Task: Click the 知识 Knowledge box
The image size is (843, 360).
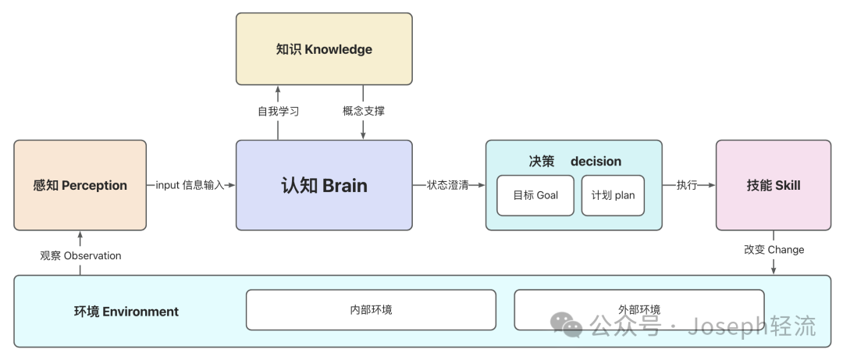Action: [x=324, y=49]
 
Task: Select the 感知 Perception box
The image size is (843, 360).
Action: [x=80, y=185]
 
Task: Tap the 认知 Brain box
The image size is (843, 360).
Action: [x=324, y=185]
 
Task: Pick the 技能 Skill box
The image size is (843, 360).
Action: [x=773, y=185]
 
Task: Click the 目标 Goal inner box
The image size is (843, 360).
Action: [x=535, y=195]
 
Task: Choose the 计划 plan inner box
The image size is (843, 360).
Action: [x=613, y=195]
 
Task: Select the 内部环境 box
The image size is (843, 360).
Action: [x=371, y=310]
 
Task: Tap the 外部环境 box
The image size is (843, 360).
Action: [x=638, y=310]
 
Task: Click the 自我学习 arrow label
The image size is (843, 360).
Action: [x=279, y=111]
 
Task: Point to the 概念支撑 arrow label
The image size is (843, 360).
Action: [x=364, y=111]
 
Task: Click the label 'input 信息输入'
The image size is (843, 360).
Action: [x=190, y=185]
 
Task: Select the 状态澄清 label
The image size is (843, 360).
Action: [x=448, y=185]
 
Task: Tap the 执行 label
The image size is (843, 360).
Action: [x=687, y=185]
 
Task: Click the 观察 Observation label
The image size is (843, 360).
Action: [x=80, y=255]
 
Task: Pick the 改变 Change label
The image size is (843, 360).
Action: [x=774, y=250]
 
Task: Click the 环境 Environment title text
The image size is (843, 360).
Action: [x=126, y=312]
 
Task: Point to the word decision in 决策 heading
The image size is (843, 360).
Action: [x=596, y=162]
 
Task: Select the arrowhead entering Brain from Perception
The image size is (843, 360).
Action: [x=231, y=185]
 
